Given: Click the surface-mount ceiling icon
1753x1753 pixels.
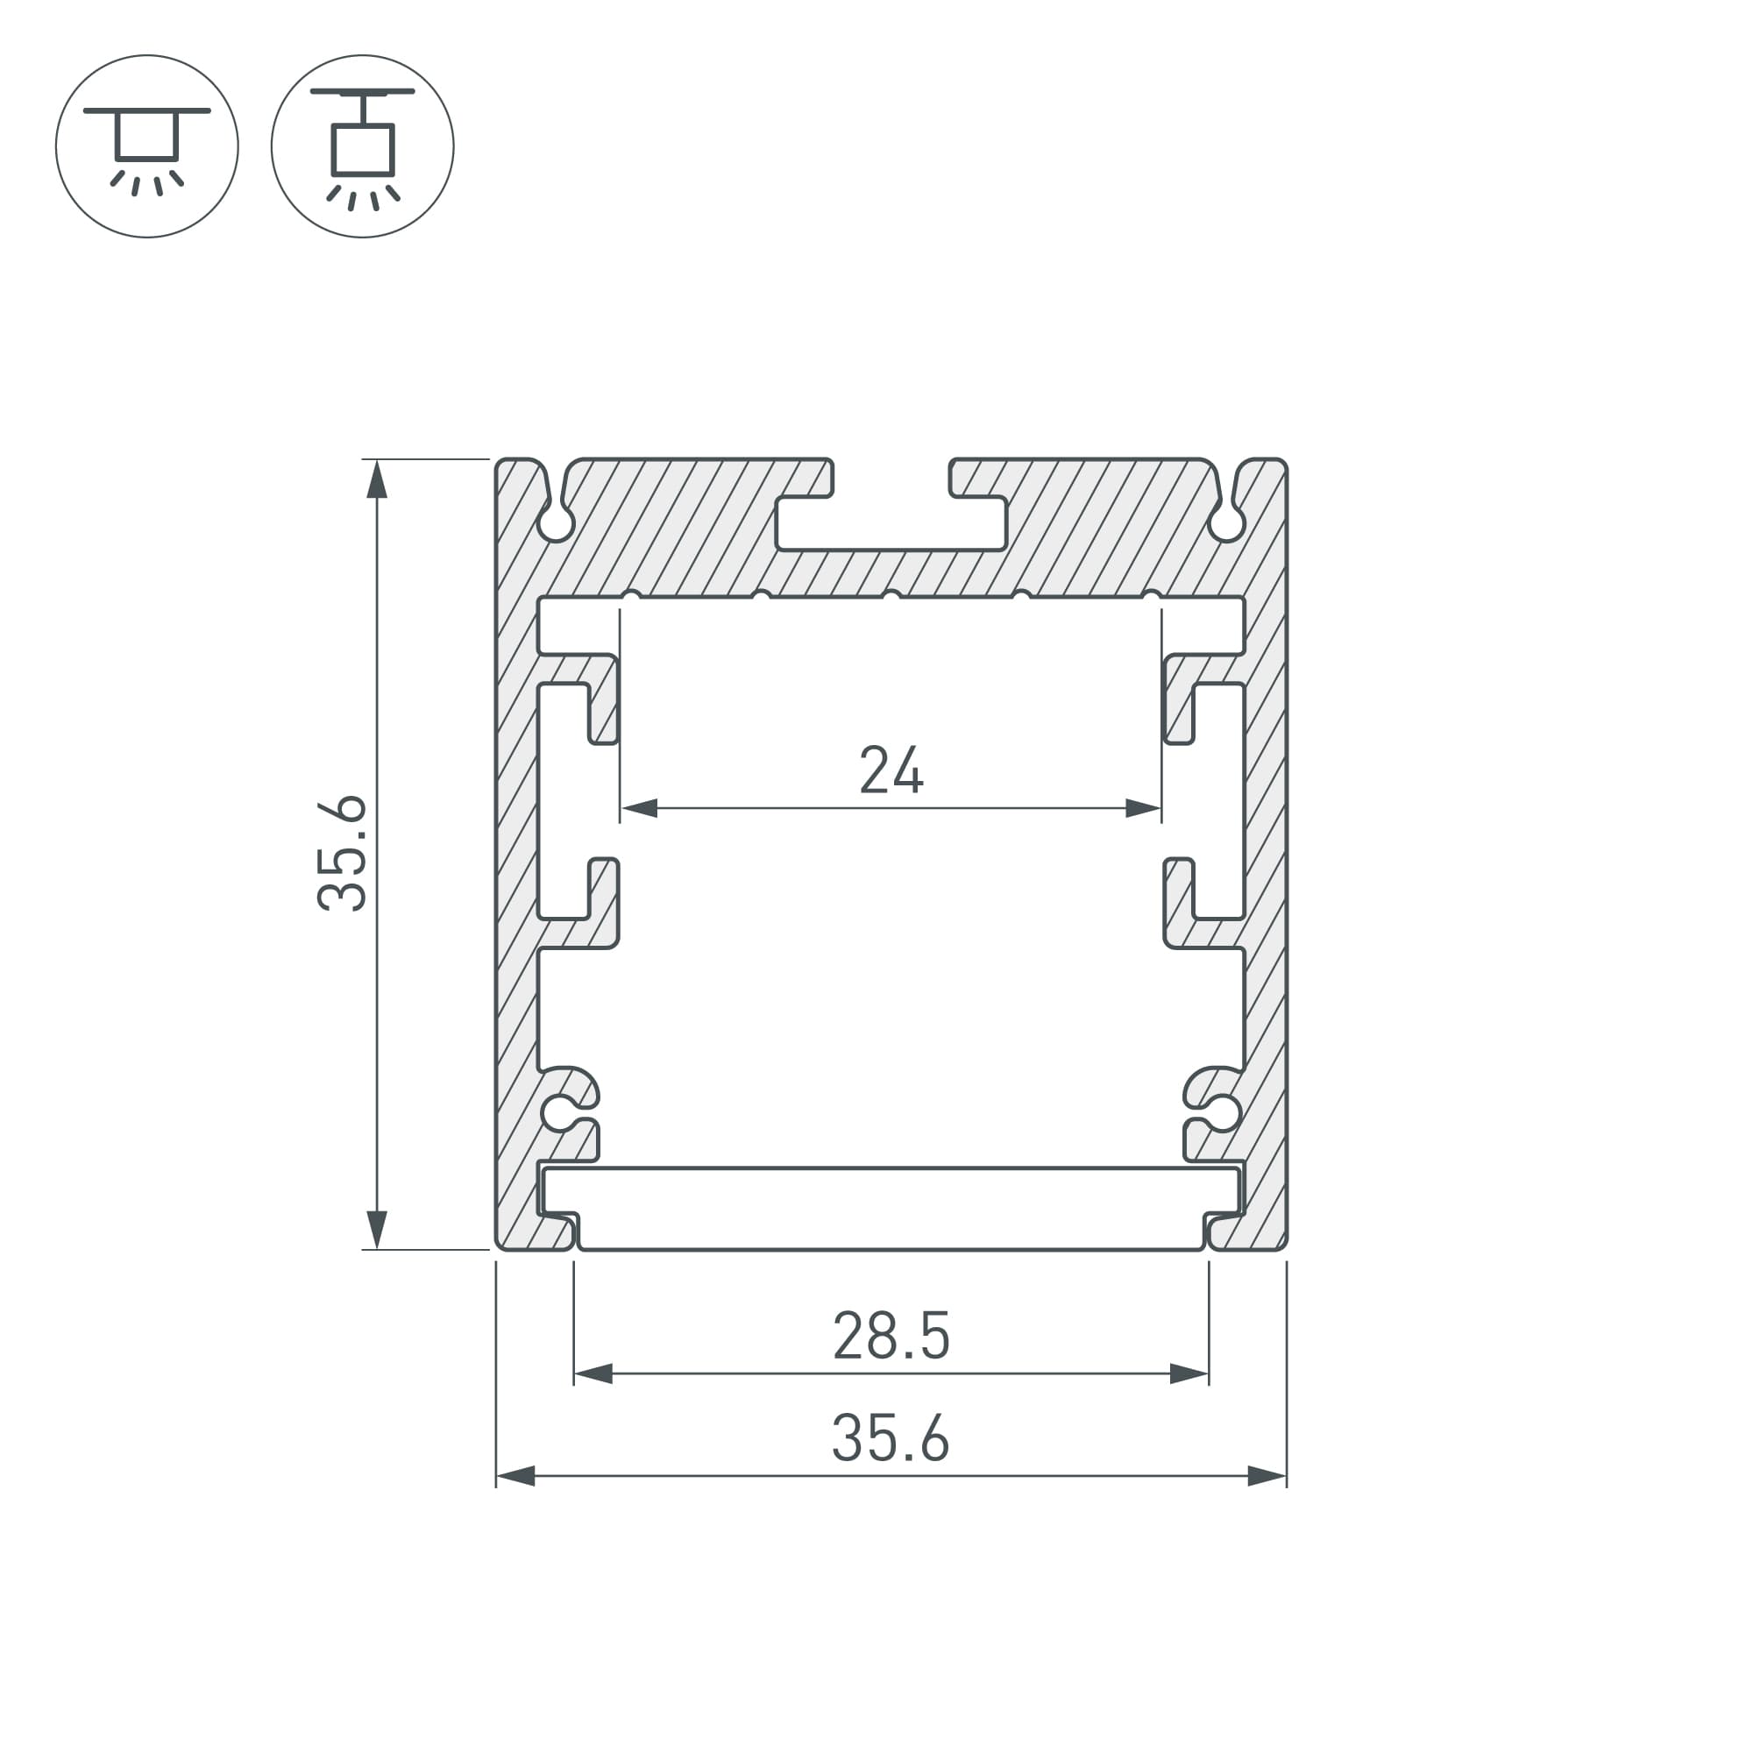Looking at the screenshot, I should tap(147, 146).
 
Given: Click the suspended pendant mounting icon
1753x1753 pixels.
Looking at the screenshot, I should tap(362, 146).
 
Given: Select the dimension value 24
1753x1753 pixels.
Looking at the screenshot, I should tap(891, 770).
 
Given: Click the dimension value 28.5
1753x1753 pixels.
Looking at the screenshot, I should tap(891, 1336).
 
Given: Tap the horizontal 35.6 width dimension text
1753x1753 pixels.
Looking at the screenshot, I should tap(891, 1438).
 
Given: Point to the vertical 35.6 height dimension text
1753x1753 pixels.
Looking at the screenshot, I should tap(343, 853).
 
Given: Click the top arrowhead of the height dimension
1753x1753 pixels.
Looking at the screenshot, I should tap(377, 479).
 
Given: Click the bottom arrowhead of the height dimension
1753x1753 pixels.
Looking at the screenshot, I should tap(377, 1230).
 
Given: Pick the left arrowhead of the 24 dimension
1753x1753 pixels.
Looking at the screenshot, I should tap(639, 807).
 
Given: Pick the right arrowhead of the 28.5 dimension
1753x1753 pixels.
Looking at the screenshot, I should tap(1189, 1373).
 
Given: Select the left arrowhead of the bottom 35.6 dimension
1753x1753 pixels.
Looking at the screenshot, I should tap(515, 1476).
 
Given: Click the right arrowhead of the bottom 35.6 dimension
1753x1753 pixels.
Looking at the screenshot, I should tap(1267, 1476).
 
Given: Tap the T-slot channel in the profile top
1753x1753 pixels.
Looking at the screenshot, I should tap(891, 524).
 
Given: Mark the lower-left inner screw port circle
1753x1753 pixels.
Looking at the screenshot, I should tap(559, 1112).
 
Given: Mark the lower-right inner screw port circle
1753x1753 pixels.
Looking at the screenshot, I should tap(1222, 1112).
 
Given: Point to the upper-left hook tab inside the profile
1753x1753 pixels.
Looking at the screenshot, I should tap(603, 698).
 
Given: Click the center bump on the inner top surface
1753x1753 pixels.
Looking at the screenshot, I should tap(891, 596).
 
